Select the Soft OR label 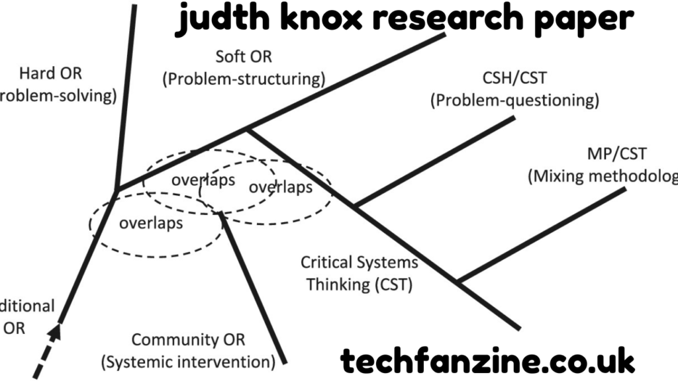[244, 57]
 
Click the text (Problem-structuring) [244, 79]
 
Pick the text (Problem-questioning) [514, 101]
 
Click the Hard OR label [50, 73]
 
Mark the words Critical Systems [359, 262]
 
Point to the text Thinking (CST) [359, 285]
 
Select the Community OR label [188, 340]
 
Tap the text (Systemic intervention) [188, 362]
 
